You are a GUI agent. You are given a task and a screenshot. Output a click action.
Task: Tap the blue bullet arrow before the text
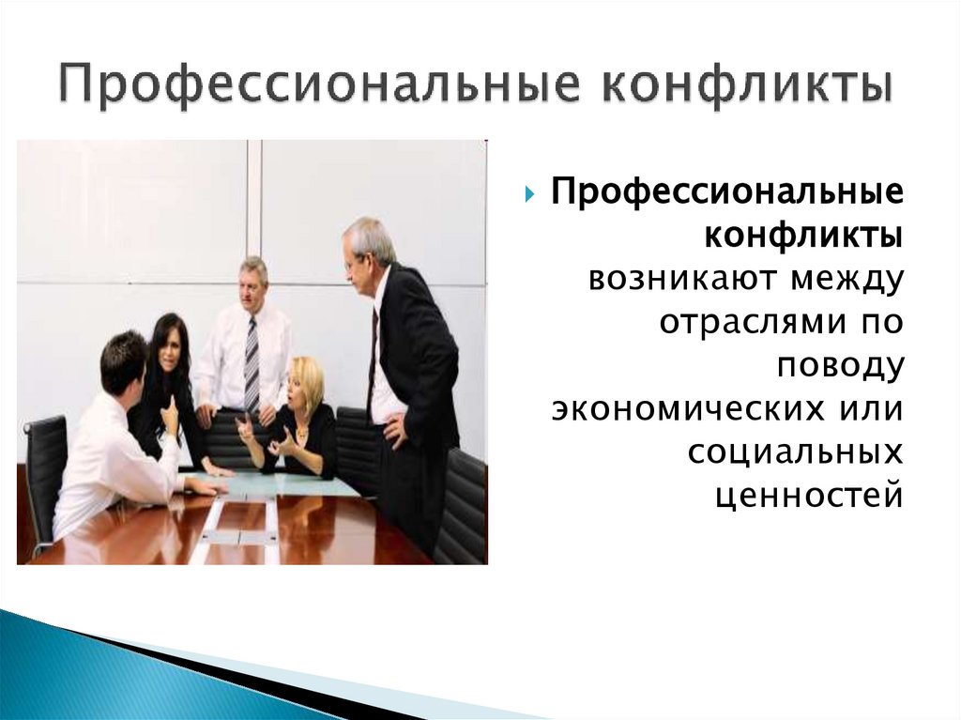528,195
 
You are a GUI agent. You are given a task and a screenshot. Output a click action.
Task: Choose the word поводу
840,365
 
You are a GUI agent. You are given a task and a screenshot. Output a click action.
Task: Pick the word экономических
690,409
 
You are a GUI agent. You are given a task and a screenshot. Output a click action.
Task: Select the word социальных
795,452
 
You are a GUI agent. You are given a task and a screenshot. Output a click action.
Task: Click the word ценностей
808,496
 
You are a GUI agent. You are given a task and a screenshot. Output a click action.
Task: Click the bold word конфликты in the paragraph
804,235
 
